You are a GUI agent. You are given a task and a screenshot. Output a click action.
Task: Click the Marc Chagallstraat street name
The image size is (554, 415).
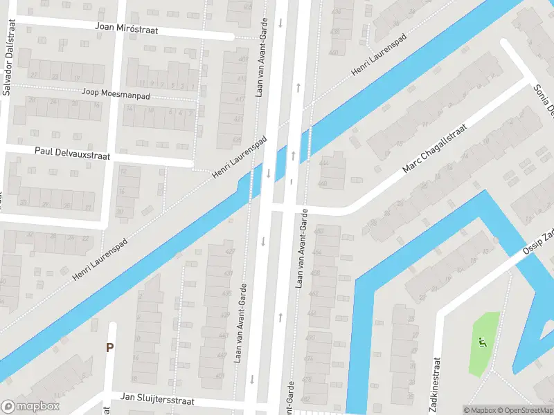[436, 149]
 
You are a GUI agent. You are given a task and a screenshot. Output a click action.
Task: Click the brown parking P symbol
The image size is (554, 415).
[109, 347]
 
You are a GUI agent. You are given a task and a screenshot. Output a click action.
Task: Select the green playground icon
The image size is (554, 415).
[482, 341]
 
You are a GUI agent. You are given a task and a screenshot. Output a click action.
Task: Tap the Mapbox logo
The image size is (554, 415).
[30, 407]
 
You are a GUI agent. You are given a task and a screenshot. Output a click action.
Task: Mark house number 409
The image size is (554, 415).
[242, 59]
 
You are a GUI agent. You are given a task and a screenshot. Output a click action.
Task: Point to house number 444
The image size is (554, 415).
[323, 163]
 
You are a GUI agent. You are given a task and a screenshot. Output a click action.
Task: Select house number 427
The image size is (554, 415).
[230, 251]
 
